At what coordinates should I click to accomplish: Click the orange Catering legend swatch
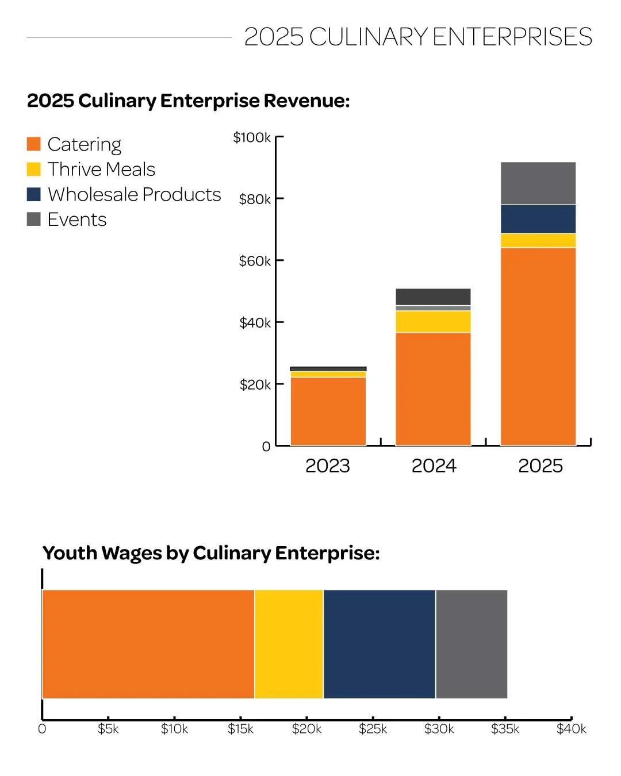point(34,144)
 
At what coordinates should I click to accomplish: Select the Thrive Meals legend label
point(101,170)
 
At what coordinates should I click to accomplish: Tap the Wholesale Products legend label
point(134,195)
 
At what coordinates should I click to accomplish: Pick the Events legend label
point(77,220)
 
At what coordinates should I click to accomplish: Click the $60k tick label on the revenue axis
point(254,261)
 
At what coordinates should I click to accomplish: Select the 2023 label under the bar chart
point(327,466)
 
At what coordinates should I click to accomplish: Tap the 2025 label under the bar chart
point(540,466)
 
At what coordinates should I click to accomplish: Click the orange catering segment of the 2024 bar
point(433,389)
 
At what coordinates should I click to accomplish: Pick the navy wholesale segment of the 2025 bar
point(538,219)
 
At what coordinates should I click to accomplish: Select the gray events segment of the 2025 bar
point(538,183)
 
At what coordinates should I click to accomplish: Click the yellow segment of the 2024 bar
point(433,322)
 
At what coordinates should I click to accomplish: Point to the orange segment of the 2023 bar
point(328,411)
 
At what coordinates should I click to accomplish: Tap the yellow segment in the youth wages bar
point(289,644)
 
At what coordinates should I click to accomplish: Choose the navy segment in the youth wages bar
point(379,644)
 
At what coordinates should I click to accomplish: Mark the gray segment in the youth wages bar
point(471,644)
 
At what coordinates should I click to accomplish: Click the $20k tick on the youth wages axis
point(306,729)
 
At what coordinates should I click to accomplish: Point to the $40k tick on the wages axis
point(571,729)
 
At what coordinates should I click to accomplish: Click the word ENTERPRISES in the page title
point(512,37)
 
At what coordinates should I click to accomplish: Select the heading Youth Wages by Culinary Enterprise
point(211,553)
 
